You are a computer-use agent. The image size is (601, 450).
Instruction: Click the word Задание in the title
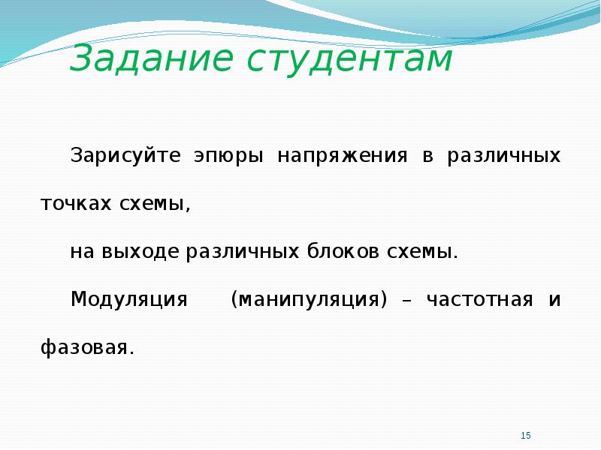point(152,58)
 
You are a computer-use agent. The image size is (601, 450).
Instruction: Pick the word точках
point(76,204)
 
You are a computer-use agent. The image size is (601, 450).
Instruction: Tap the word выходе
point(140,253)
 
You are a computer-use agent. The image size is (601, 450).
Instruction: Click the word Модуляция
point(129,299)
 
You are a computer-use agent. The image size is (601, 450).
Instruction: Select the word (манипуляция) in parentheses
point(310,299)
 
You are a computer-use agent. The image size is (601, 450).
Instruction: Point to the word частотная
point(479,299)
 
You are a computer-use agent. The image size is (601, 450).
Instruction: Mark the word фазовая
point(88,346)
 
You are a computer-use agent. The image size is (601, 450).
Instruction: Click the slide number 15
point(526,436)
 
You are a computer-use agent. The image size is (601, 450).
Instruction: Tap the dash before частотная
point(407,301)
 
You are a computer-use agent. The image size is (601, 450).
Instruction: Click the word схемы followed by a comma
point(155,204)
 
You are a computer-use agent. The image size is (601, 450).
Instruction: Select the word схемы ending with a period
point(422,252)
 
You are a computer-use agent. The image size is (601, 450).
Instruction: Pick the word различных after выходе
point(243,253)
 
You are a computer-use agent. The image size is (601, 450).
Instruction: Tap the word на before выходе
point(82,253)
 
